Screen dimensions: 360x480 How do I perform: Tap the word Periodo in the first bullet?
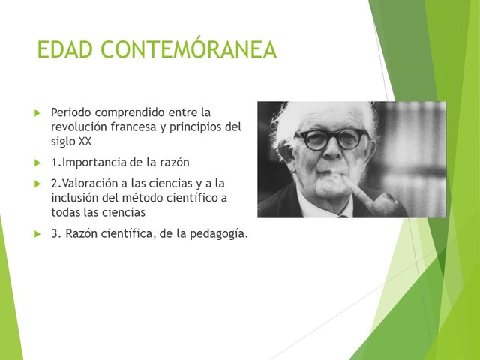click(x=72, y=112)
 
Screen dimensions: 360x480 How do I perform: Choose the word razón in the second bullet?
click(x=173, y=163)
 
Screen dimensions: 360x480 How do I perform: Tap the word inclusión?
click(x=75, y=198)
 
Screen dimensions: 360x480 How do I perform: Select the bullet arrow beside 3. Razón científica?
click(x=37, y=234)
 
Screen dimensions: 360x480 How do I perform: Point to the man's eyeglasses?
click(x=330, y=139)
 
